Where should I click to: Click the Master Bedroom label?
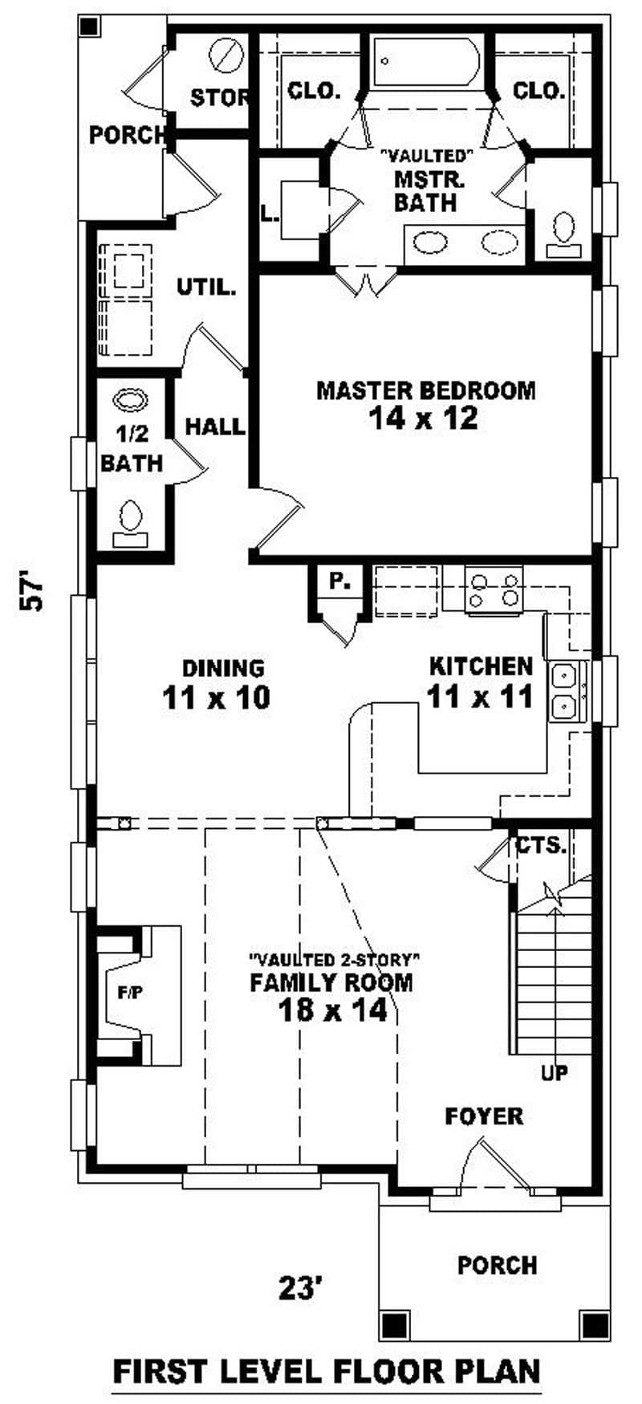(425, 391)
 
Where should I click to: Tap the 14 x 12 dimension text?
(424, 418)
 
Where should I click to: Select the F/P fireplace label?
(130, 994)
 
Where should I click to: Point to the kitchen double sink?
(567, 692)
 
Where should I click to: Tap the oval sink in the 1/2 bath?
(131, 400)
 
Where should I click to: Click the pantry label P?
(340, 582)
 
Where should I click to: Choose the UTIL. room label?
(206, 287)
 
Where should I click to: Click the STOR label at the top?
(219, 98)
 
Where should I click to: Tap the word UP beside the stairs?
(555, 1072)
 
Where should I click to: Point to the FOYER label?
(484, 1116)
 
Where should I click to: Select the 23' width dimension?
(301, 1289)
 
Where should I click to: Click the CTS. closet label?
(541, 845)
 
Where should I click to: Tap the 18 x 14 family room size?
(332, 1010)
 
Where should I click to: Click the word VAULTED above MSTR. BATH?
(425, 153)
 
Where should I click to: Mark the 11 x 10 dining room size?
(216, 697)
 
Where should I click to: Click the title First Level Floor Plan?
(327, 1369)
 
